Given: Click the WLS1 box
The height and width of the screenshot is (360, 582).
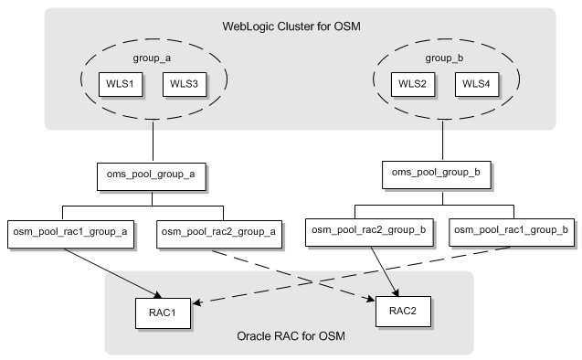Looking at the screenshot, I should tap(118, 84).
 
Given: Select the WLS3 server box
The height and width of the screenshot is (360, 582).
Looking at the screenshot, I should tap(183, 84).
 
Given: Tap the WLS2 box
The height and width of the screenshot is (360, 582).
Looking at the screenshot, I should tap(408, 84).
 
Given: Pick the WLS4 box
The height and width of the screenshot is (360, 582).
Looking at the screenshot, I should tap(476, 84).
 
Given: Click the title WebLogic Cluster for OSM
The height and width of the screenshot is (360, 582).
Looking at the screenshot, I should tap(291, 25).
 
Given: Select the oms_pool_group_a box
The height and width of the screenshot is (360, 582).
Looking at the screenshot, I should tap(151, 173).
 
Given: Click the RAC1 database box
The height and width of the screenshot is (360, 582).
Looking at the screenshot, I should tap(164, 310).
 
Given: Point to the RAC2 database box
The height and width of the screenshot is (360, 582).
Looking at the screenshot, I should tap(403, 310).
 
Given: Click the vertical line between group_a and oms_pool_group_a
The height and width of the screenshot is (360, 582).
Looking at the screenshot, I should tap(151, 143).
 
